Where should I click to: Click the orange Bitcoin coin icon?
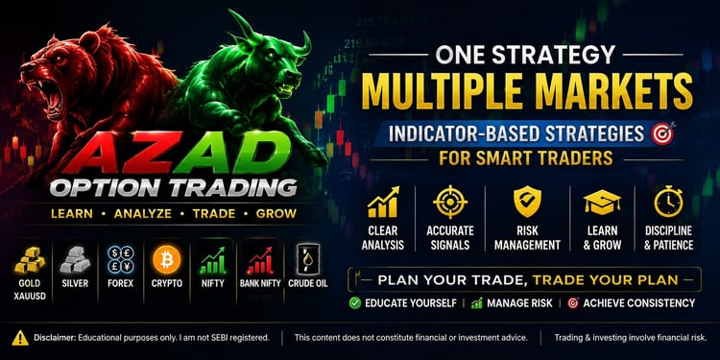pos(167,259)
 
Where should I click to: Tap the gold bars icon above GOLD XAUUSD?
pos(30,261)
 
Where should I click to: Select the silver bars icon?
pos(75,260)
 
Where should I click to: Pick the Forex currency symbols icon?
pos(120,259)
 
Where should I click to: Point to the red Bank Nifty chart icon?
pos(260,260)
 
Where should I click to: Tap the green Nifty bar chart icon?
pos(212,260)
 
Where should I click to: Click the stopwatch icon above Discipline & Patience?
pos(668,202)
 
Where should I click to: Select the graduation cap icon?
pos(602,203)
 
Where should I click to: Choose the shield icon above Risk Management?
pos(527,202)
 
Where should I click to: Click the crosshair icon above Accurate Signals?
pos(450,202)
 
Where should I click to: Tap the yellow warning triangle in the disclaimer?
pos(20,338)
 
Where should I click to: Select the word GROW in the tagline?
pos(276,213)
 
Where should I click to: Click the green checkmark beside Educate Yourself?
pos(354,303)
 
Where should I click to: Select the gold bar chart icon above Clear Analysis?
pos(383,202)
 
